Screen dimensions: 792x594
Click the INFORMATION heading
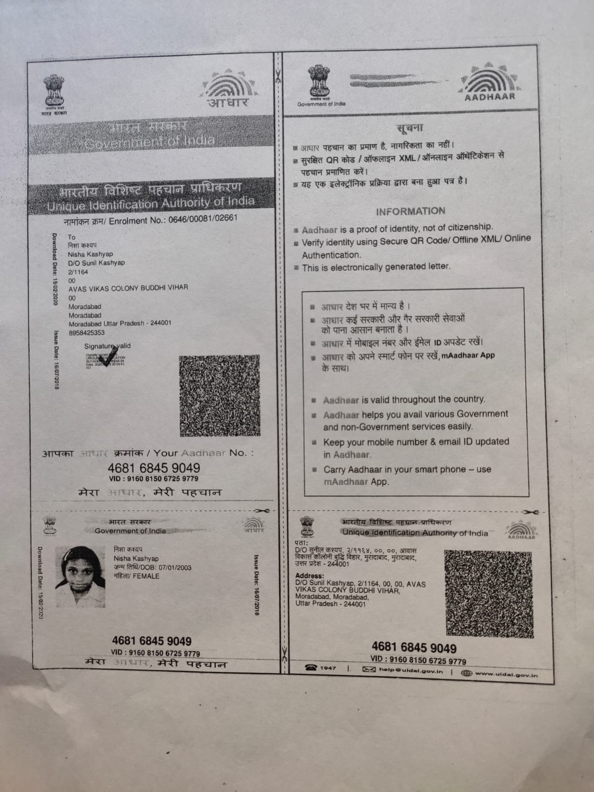coord(410,211)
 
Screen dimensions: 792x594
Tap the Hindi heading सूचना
coord(410,128)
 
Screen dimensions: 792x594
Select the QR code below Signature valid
coord(219,396)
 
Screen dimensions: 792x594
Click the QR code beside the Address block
coord(489,594)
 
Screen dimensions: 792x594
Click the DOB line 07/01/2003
coord(152,567)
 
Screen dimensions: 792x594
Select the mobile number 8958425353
coord(87,333)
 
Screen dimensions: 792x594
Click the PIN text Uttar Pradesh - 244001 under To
coord(120,323)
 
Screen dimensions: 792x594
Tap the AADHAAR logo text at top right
coord(490,97)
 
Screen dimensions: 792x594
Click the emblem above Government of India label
coord(321,82)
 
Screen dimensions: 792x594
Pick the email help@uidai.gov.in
coord(410,670)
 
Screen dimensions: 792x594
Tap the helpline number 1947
coord(327,668)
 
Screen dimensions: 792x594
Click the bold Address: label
coord(309,576)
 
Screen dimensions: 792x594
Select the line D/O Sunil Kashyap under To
coord(97,263)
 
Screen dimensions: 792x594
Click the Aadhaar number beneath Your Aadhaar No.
coord(154,468)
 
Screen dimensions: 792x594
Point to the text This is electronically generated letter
coord(376,267)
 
